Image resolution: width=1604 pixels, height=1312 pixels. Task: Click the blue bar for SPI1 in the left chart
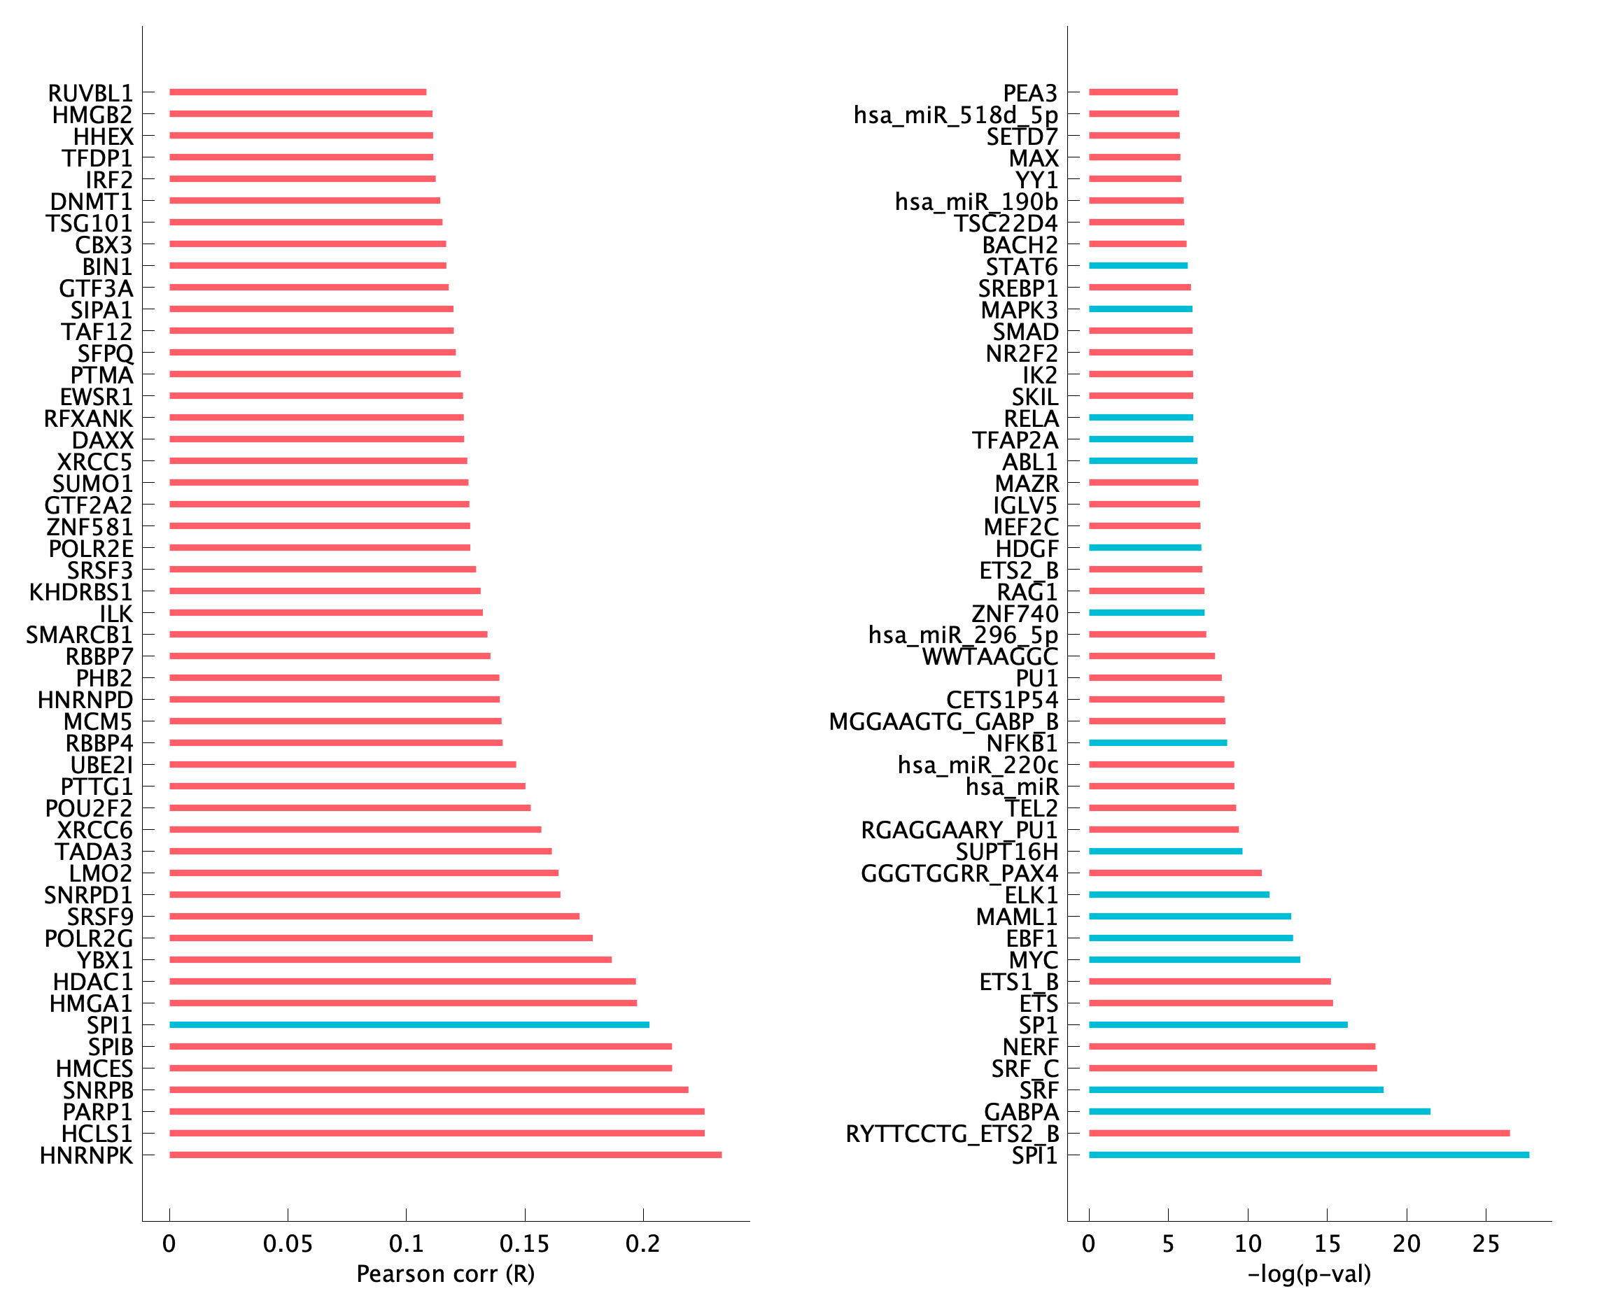click(409, 1025)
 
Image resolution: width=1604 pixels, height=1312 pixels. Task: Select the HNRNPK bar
click(445, 1155)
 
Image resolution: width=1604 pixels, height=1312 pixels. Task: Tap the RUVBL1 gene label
click(90, 93)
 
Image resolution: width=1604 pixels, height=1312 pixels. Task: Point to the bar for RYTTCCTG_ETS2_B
click(1299, 1133)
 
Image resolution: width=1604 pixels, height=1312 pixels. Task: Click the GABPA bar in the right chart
click(1259, 1111)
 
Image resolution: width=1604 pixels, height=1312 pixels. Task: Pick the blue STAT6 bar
click(1138, 266)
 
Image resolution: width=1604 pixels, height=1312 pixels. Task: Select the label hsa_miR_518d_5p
click(955, 115)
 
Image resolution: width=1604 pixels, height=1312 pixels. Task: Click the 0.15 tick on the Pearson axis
click(525, 1243)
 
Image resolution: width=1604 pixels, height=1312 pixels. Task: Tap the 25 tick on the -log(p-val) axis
click(1485, 1243)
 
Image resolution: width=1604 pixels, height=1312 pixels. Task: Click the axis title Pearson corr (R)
click(445, 1274)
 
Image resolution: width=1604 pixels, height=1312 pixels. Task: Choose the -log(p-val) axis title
click(1309, 1274)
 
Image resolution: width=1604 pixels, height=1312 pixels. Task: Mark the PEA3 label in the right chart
click(1029, 93)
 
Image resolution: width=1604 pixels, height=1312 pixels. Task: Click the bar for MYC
click(1195, 960)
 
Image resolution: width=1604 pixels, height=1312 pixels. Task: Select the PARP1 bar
click(437, 1111)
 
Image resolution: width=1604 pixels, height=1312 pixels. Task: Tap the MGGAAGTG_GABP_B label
click(943, 721)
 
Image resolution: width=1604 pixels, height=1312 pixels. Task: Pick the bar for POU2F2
click(350, 808)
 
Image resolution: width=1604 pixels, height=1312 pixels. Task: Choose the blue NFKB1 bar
click(1158, 743)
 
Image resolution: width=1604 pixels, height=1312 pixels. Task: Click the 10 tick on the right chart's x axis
click(1248, 1243)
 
